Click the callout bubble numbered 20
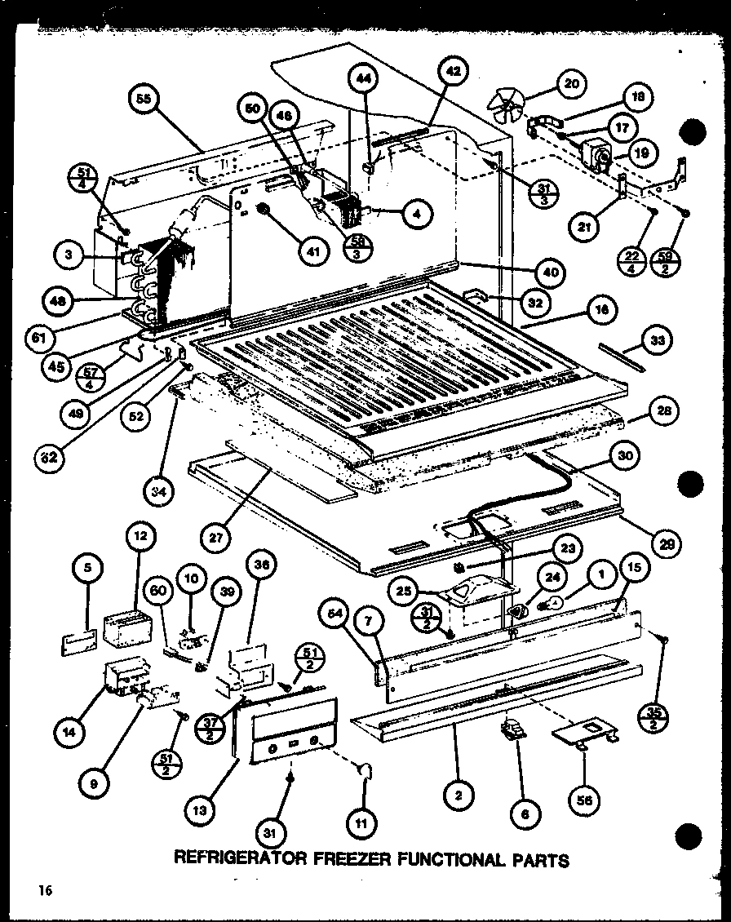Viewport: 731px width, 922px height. pos(571,82)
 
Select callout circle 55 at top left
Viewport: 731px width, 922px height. pos(144,100)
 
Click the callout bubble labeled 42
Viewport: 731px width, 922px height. pos(454,72)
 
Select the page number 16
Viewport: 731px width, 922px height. pos(43,892)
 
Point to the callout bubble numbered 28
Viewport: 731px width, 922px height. pos(664,411)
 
